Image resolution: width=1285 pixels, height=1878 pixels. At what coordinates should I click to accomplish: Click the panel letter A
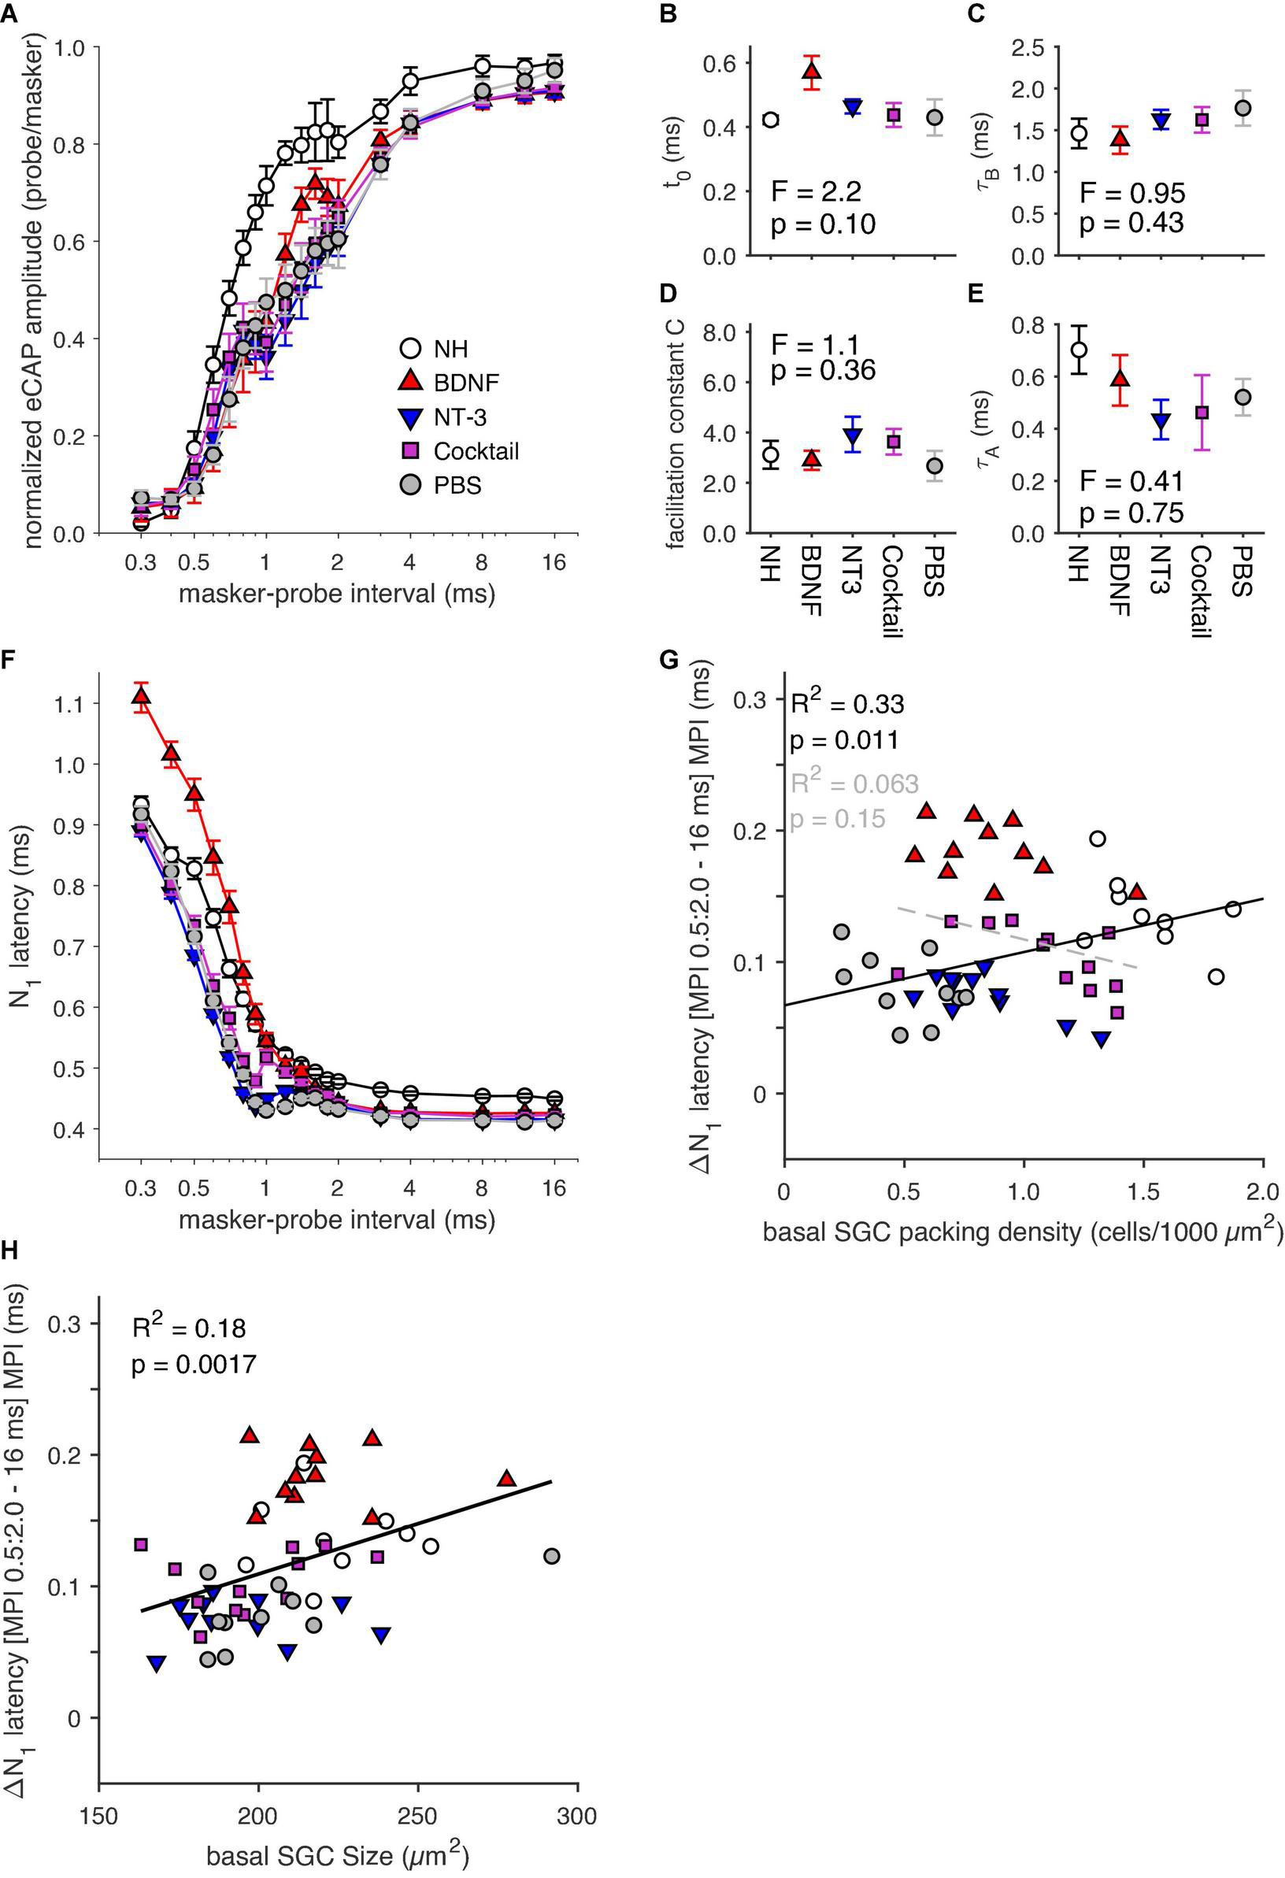[x=10, y=13]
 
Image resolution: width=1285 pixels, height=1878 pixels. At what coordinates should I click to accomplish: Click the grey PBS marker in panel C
[x=1243, y=107]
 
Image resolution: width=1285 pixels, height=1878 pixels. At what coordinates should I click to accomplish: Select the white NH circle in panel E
[x=1078, y=349]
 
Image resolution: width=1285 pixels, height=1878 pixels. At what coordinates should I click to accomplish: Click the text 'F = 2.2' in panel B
[x=816, y=191]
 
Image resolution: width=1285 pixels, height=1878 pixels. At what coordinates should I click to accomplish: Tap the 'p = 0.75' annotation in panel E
[x=1131, y=513]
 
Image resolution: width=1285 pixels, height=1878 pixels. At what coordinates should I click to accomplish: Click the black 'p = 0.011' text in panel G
[x=844, y=740]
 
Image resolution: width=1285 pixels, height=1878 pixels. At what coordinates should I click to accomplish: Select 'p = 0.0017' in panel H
[x=194, y=1365]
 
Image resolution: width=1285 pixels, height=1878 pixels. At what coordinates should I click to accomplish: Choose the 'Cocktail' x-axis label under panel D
[x=892, y=591]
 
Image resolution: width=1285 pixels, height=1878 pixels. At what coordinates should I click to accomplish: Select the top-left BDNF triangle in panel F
[x=142, y=696]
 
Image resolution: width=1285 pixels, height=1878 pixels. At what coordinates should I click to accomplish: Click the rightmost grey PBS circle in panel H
[x=552, y=1557]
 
